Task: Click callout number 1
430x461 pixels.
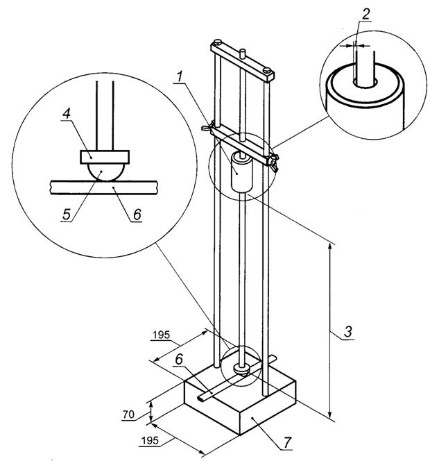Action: tap(180, 76)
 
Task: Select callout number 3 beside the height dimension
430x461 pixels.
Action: tap(347, 332)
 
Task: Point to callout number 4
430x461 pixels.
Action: tap(67, 113)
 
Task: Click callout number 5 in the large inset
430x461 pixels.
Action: tap(67, 215)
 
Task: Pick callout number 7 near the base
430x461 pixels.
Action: tap(287, 442)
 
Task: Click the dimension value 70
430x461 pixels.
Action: tap(128, 414)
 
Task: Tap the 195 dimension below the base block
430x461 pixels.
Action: tap(150, 441)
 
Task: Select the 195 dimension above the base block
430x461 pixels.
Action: tap(161, 335)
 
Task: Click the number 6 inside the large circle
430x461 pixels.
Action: tap(137, 215)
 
